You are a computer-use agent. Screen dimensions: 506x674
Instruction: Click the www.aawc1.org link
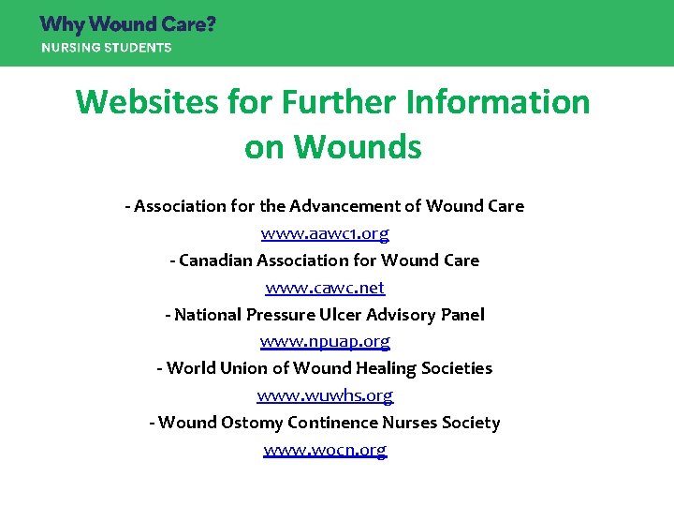point(325,232)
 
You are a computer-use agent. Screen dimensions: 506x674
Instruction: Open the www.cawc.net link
point(325,287)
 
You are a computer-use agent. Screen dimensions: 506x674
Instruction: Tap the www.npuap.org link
point(325,341)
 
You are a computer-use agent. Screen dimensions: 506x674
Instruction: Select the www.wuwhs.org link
point(325,395)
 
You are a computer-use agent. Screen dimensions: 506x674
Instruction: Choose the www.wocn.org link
point(325,450)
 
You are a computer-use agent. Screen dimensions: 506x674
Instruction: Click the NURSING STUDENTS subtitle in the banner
point(106,48)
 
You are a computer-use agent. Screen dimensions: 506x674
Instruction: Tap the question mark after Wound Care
point(210,24)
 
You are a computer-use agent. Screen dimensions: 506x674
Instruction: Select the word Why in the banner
point(61,24)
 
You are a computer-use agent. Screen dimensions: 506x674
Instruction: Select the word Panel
point(462,314)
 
